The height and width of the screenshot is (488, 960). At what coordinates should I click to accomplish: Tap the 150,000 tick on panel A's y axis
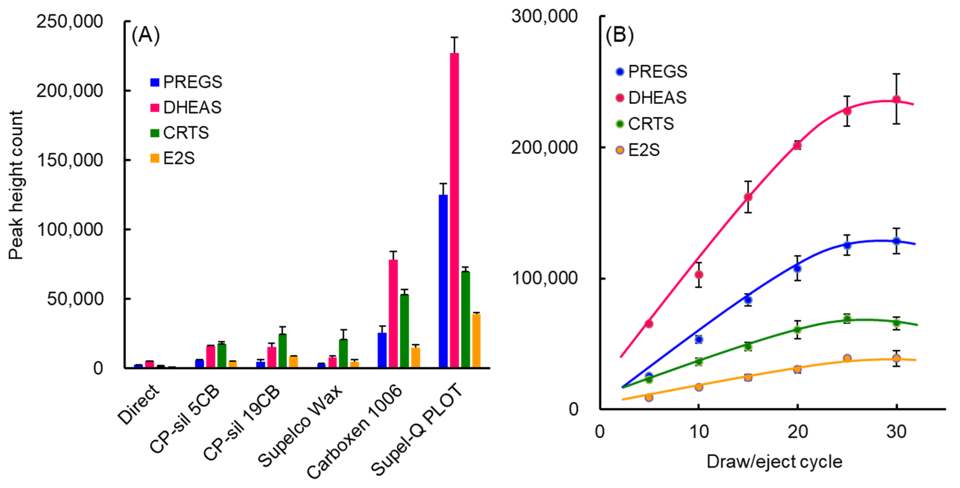[x=70, y=160]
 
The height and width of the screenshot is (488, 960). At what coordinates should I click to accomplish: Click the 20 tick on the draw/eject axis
[x=797, y=432]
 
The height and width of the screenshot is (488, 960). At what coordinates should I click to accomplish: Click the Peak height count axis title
[x=16, y=185]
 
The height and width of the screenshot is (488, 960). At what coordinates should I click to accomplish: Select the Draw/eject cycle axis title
[x=774, y=461]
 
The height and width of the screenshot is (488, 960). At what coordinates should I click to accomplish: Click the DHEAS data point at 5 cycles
[x=649, y=324]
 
